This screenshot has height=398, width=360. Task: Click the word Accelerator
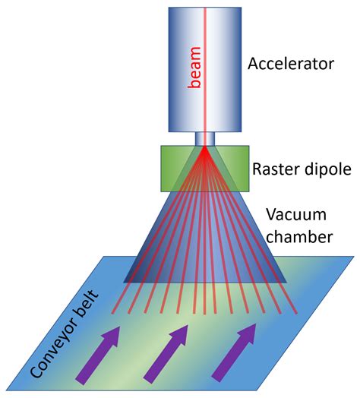tap(290, 63)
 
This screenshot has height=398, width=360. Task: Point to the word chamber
tap(301, 237)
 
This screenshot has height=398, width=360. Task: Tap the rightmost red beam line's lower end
tap(295, 312)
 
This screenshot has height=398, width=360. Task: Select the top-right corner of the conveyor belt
tap(352, 257)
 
